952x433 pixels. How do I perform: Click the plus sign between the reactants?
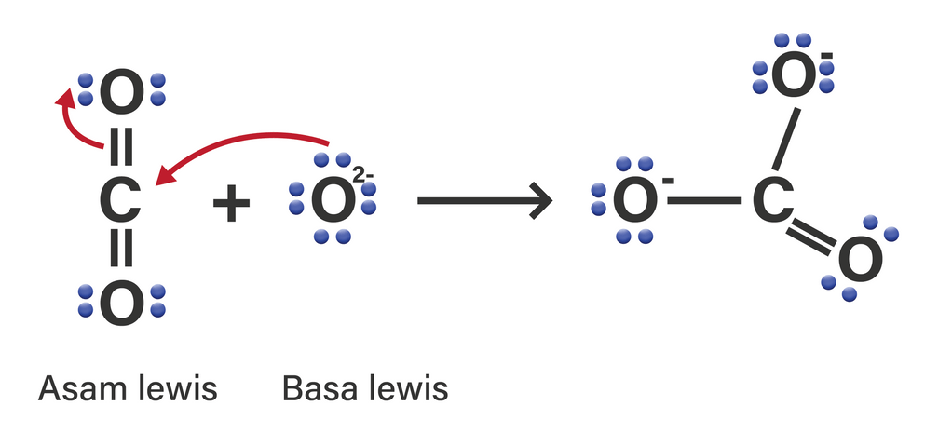(232, 202)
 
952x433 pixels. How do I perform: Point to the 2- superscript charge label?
(363, 173)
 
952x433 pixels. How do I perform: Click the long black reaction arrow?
(484, 200)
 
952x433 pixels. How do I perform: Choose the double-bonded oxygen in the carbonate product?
(859, 260)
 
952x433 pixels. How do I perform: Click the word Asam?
(81, 388)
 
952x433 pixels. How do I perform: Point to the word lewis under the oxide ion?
(405, 388)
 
